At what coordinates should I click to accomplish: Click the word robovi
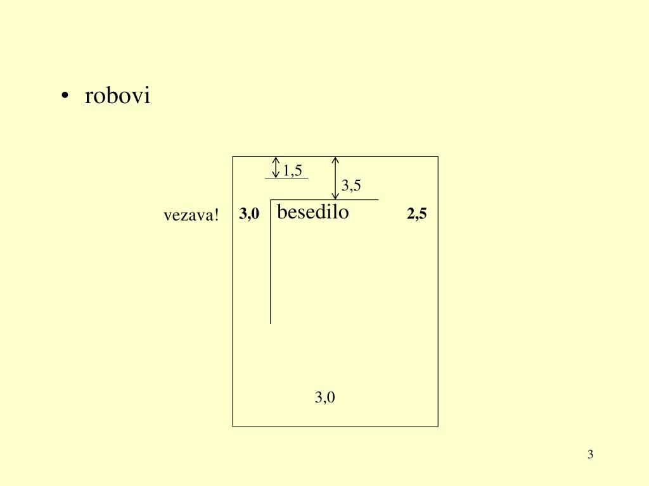point(118,96)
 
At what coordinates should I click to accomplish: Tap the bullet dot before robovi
point(65,97)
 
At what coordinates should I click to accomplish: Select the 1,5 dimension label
point(292,170)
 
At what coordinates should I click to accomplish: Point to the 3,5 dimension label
point(351,185)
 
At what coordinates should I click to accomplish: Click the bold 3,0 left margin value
point(249,215)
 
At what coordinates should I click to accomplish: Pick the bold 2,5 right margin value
point(417,215)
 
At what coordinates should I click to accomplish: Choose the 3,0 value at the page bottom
point(325,397)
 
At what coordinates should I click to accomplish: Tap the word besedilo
point(313,212)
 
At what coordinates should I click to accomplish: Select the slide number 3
point(590,454)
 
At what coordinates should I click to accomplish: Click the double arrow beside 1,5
point(276,168)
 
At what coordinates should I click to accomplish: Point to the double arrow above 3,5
point(336,178)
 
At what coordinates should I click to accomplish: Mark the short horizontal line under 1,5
point(286,178)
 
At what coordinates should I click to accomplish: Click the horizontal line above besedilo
point(324,200)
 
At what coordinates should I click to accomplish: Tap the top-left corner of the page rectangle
point(233,157)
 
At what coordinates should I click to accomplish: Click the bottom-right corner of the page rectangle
point(438,426)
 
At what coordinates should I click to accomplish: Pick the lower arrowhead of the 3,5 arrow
point(336,196)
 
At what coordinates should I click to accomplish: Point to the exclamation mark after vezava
point(217,216)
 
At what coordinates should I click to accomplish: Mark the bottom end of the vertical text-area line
point(271,323)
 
